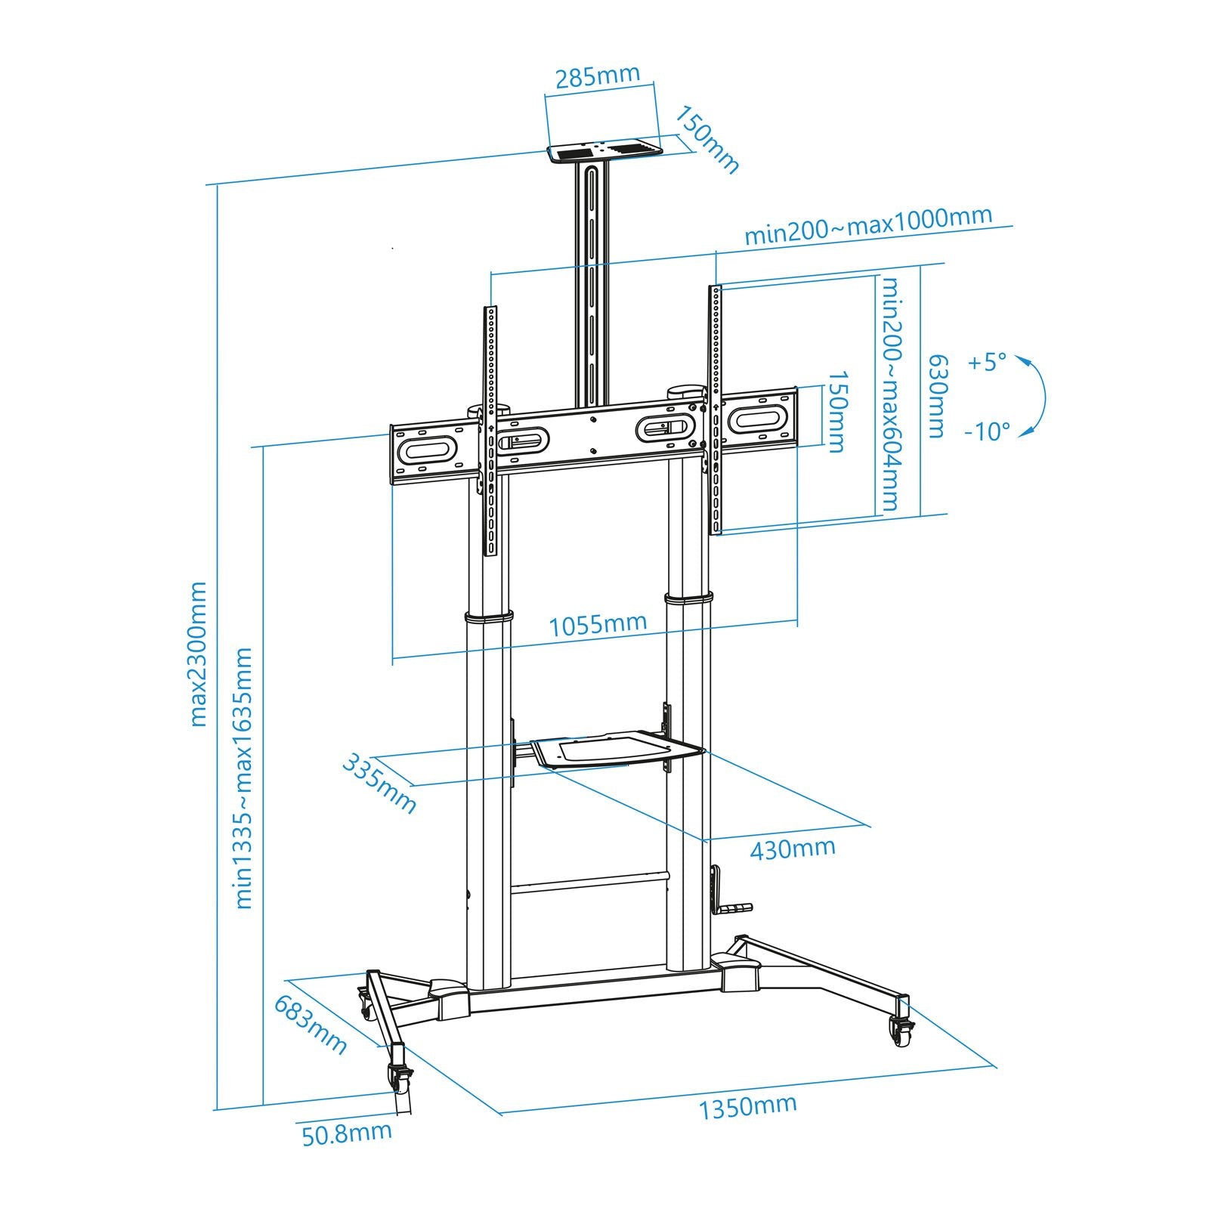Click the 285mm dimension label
pos(597,76)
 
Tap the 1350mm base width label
pos(747,1106)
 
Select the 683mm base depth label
pos(310,1025)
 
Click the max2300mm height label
pos(197,654)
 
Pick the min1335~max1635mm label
pos(243,778)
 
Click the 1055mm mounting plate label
pos(597,624)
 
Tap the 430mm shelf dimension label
pos(792,849)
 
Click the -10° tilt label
pos(987,431)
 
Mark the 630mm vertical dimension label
pos(936,396)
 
